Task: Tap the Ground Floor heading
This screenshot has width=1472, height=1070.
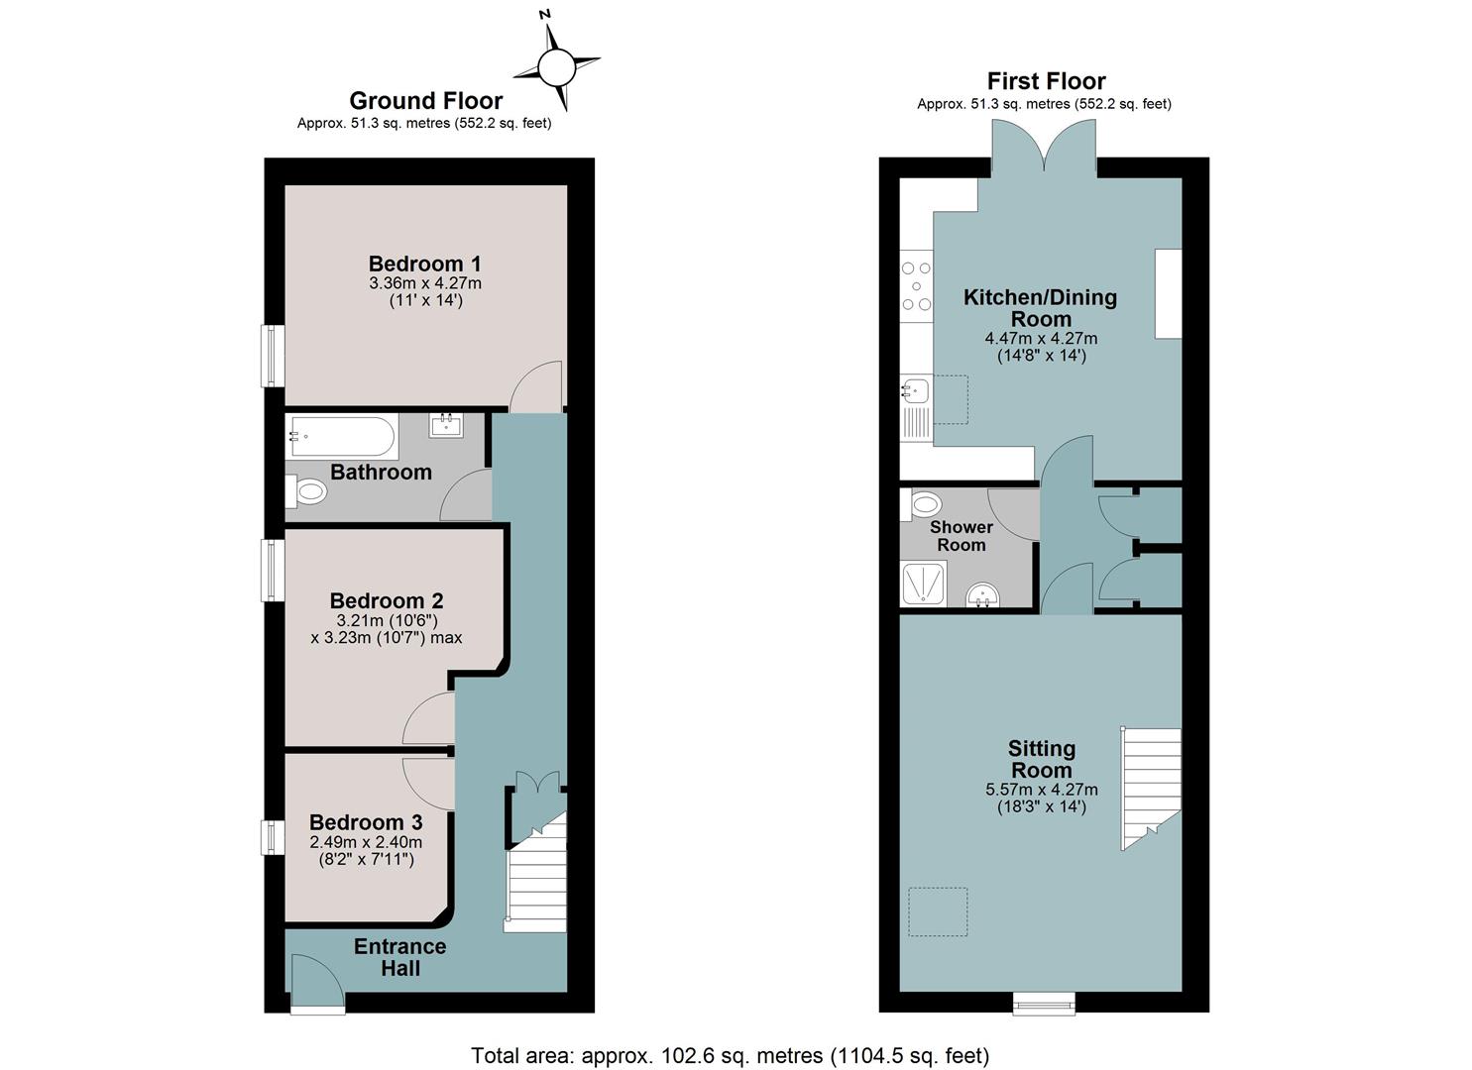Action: (426, 100)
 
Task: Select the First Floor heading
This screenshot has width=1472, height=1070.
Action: (1046, 81)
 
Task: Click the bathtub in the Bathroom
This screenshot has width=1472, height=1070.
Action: (342, 437)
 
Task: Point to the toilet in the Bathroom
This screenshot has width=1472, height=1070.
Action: (306, 491)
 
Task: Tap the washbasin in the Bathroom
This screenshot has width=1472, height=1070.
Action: (446, 426)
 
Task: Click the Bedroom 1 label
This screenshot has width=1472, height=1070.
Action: (424, 264)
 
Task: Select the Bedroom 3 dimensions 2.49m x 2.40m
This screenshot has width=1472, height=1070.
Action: (366, 842)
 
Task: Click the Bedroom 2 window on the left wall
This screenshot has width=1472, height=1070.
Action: (273, 570)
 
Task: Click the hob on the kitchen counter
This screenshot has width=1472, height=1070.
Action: (917, 286)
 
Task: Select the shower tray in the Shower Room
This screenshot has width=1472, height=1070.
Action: (924, 583)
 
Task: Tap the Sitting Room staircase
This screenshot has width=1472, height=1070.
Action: (1151, 789)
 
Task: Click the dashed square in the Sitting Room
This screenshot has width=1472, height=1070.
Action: (938, 911)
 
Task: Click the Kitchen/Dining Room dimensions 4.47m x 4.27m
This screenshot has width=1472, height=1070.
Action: (1041, 339)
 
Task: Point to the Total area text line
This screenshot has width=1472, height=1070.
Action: (731, 1055)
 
